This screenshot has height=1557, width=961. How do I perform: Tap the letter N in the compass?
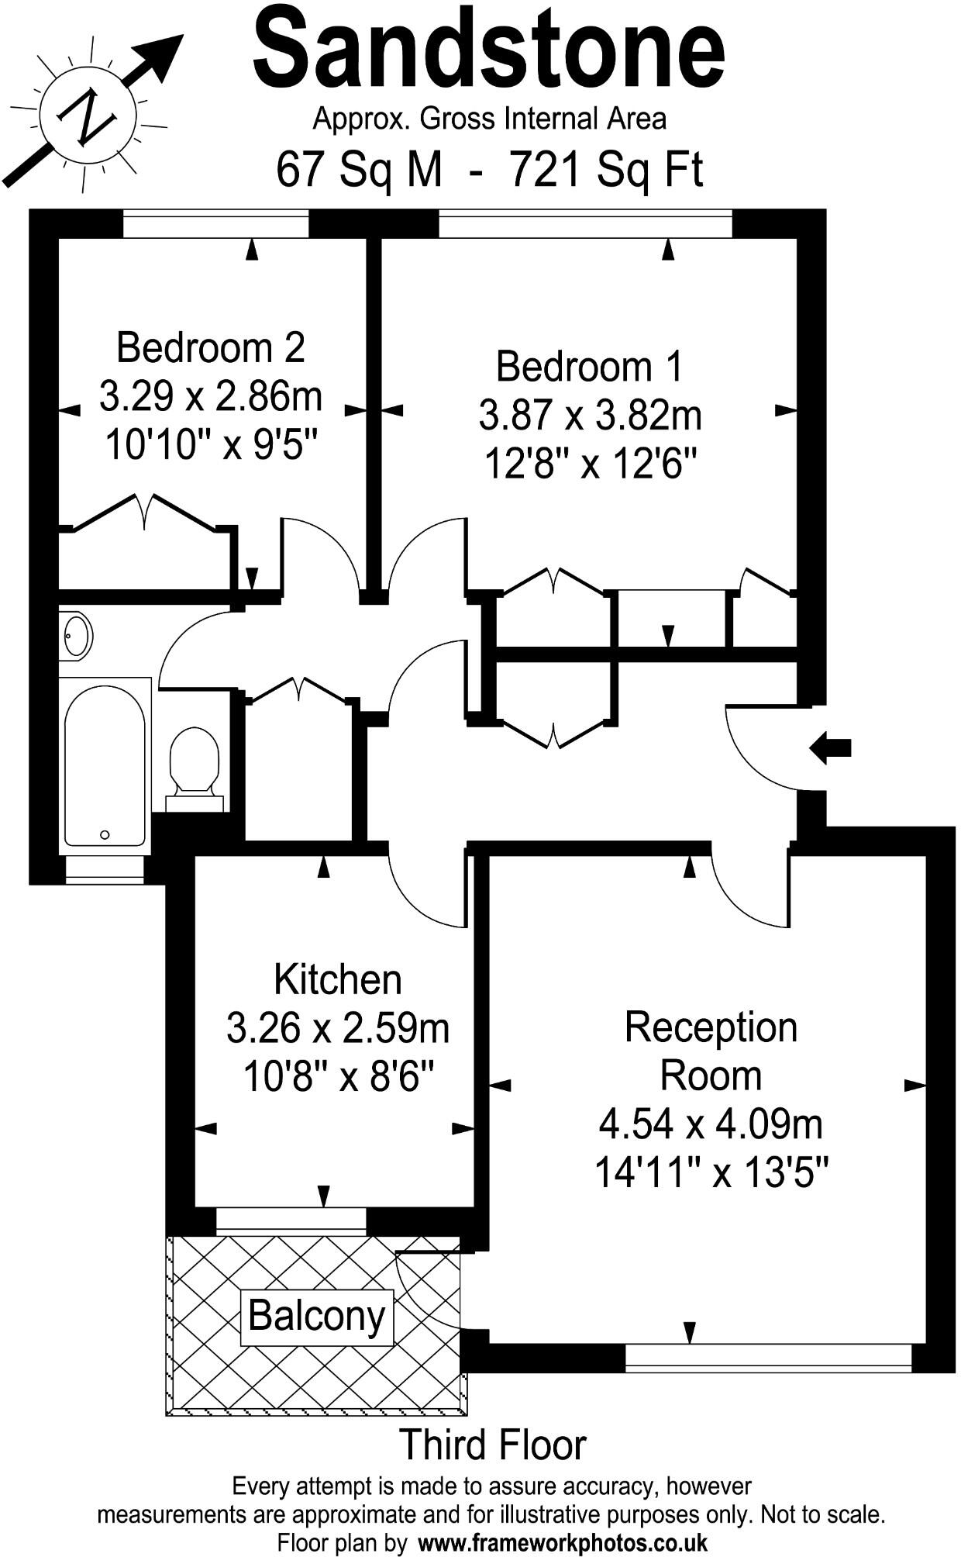[x=88, y=119]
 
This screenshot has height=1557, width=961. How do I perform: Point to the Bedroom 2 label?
[x=210, y=347]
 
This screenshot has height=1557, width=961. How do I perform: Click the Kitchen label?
[x=338, y=979]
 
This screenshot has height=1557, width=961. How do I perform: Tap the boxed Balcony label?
[x=317, y=1317]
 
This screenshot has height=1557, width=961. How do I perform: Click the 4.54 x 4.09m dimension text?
[x=711, y=1124]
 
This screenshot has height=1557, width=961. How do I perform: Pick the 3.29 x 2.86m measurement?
[x=210, y=396]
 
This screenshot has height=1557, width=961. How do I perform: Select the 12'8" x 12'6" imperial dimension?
[x=590, y=465]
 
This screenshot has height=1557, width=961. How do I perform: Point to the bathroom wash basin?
[x=76, y=636]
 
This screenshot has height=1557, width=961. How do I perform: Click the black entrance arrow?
[x=830, y=748]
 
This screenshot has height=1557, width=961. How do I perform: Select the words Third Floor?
[x=492, y=1445]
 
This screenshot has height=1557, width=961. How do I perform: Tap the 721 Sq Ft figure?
[x=605, y=169]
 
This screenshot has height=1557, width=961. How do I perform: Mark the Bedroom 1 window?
[x=585, y=226]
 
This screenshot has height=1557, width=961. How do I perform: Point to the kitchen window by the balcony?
[x=291, y=1221]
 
